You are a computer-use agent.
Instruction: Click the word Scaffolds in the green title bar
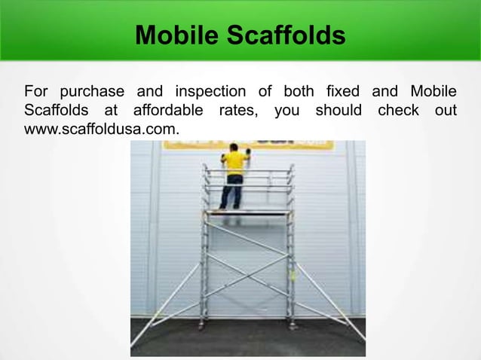[x=283, y=35]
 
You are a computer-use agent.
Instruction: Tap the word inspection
[x=210, y=93]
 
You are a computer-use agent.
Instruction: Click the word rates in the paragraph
[x=236, y=111]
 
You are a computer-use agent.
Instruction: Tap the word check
[x=398, y=111]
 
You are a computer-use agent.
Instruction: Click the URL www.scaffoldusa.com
[x=102, y=130]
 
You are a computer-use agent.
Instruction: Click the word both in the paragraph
[x=299, y=93]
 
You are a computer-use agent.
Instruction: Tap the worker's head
[x=234, y=148]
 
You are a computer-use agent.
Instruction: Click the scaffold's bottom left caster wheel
[x=201, y=325]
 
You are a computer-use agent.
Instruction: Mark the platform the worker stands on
[x=247, y=213]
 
